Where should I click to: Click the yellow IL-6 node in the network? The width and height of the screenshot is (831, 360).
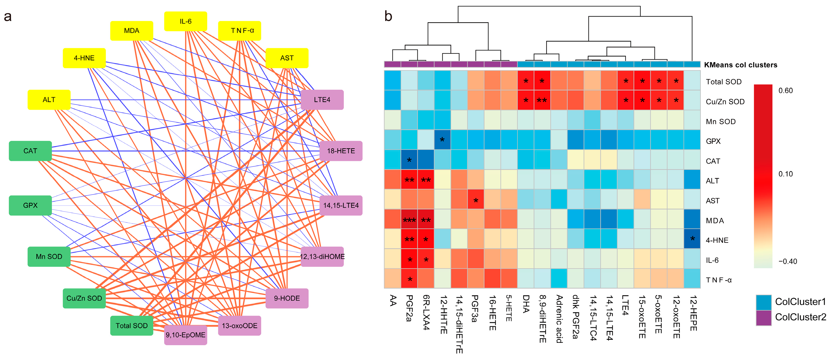point(186,21)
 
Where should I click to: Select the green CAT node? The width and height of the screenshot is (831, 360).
point(30,151)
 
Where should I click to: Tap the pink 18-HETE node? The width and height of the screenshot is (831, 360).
point(341,151)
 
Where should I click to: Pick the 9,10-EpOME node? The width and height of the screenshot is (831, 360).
point(186,335)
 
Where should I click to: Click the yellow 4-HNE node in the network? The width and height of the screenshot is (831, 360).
point(84,58)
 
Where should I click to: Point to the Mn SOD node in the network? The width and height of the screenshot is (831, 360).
point(49,256)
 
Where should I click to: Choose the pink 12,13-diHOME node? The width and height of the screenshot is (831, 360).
point(322,256)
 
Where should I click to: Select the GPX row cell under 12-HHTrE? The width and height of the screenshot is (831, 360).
point(442,140)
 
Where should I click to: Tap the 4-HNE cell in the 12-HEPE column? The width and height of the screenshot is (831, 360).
point(692,239)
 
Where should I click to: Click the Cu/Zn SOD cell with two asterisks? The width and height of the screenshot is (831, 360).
point(542,100)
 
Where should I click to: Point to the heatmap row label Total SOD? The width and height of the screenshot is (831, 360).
point(724,82)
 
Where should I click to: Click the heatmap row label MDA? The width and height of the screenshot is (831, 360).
point(715,221)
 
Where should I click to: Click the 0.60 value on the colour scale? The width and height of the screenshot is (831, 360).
point(785,91)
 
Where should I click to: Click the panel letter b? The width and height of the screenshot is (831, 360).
point(388,16)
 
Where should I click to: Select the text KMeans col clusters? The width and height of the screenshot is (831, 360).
point(740,65)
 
